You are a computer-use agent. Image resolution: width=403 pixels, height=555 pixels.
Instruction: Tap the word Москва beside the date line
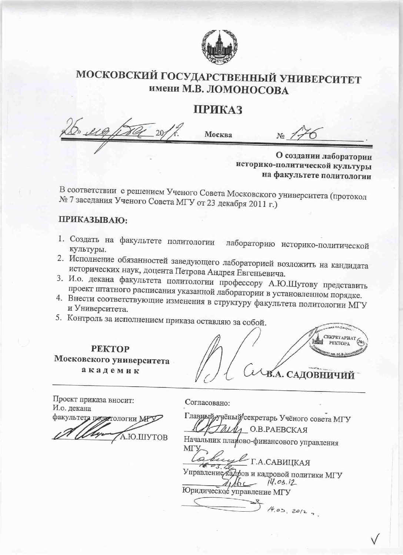tap(219, 135)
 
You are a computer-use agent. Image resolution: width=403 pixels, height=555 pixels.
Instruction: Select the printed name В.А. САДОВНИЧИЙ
tap(310, 376)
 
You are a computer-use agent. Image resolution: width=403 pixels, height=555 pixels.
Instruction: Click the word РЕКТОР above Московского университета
tap(110, 349)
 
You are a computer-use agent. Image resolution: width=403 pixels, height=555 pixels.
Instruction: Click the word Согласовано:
tap(207, 402)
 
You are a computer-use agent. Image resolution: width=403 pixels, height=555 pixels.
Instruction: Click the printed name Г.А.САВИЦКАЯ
tap(280, 462)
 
